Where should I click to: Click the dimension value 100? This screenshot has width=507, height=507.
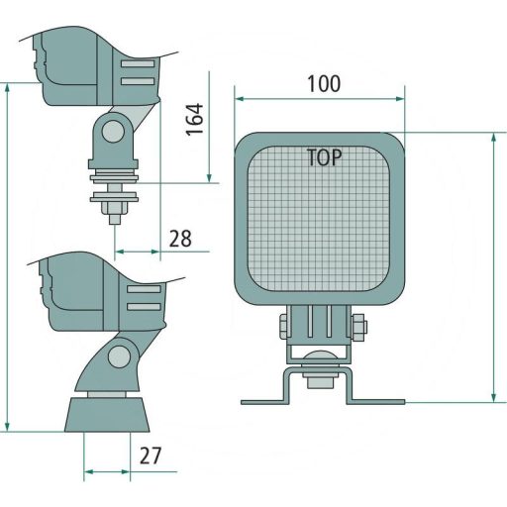click(323, 84)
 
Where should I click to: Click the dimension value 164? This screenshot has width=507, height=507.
click(194, 119)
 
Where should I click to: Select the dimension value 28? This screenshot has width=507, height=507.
click(180, 238)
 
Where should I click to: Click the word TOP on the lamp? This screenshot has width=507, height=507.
click(324, 157)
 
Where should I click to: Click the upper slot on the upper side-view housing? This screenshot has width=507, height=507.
click(138, 63)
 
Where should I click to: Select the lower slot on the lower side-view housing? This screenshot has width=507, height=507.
click(144, 308)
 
